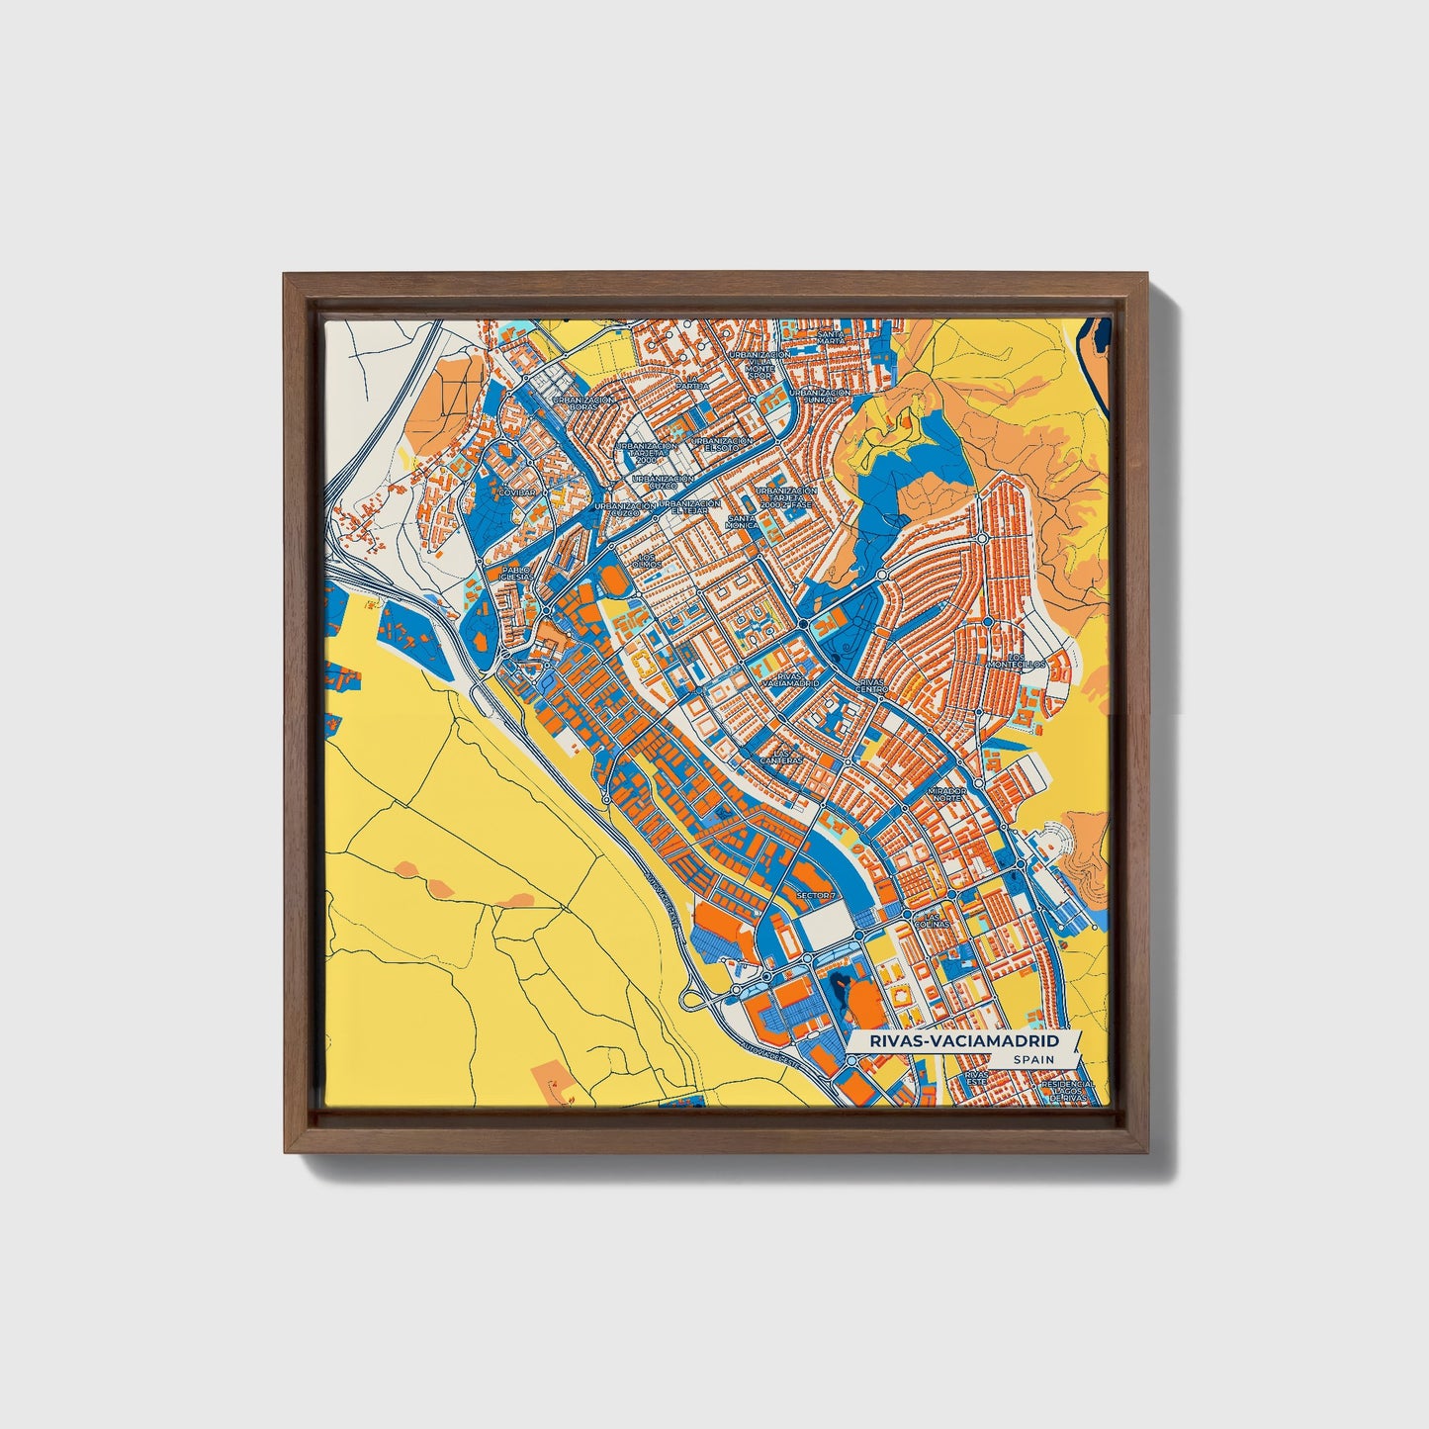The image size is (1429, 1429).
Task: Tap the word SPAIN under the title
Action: [x=1033, y=1060]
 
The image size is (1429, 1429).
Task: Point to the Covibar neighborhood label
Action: [x=517, y=491]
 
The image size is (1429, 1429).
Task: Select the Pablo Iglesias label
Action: [x=516, y=574]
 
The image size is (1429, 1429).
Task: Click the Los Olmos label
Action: [x=649, y=560]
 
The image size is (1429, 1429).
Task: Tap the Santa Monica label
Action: [x=743, y=521]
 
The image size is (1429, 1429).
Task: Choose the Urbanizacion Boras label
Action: [x=583, y=403]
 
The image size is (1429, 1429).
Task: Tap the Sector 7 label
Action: [x=816, y=896]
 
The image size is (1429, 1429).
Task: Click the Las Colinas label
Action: [x=931, y=921]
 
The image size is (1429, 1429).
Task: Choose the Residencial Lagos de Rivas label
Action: [x=1067, y=1090]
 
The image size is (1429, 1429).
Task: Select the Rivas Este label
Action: [x=975, y=1076]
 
